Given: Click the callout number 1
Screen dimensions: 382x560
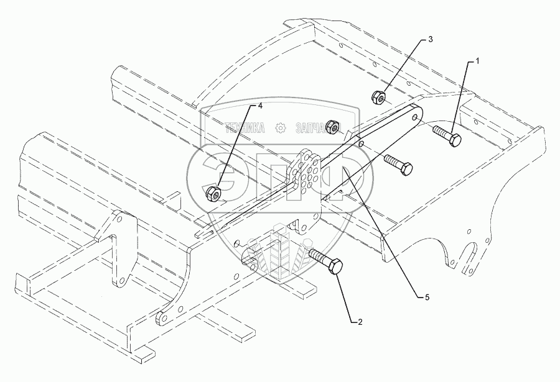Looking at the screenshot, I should [478, 61].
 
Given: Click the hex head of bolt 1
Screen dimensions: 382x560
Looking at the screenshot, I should [454, 139].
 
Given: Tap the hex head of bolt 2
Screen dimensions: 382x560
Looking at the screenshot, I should [335, 268].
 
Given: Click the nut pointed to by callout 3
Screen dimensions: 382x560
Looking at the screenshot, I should [378, 97].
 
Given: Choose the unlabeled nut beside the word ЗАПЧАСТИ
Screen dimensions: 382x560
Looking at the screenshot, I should [334, 127].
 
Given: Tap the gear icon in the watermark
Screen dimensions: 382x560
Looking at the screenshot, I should [281, 128].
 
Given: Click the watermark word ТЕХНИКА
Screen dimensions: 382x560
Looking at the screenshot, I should [245, 128].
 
